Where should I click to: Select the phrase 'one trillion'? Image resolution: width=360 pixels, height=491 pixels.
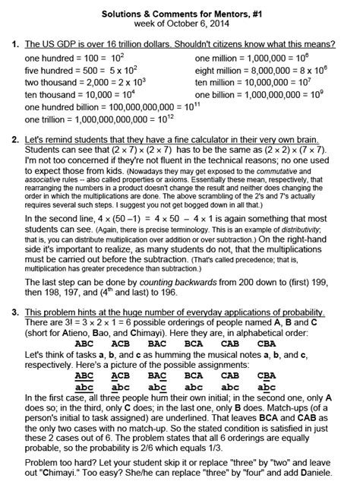(44, 119)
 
